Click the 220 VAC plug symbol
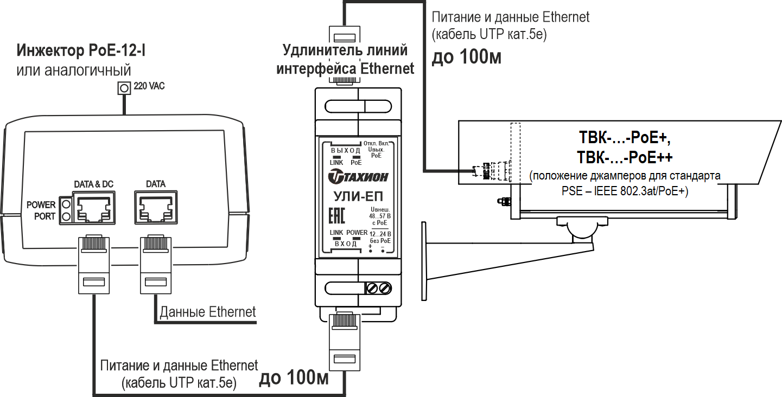(125, 87)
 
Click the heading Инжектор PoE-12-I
(81, 52)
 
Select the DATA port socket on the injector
(156, 208)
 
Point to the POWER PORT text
(41, 210)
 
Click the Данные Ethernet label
(207, 312)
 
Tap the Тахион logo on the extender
(359, 176)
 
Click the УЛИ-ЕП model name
(358, 196)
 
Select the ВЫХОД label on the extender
(345, 150)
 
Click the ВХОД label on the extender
(346, 244)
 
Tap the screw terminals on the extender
(379, 287)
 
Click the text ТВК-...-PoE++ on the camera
(625, 157)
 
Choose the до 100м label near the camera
(466, 57)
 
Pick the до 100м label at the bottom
(294, 378)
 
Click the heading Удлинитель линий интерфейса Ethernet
(345, 60)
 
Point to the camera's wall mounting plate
(423, 261)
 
